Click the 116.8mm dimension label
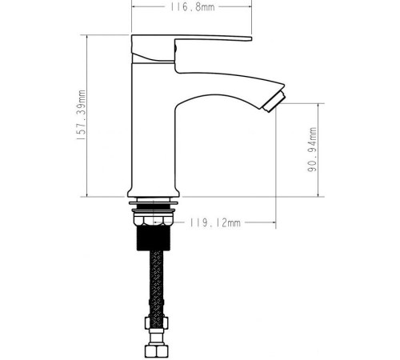(191, 9)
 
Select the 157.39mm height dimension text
(82, 115)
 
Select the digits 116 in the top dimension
(178, 9)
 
